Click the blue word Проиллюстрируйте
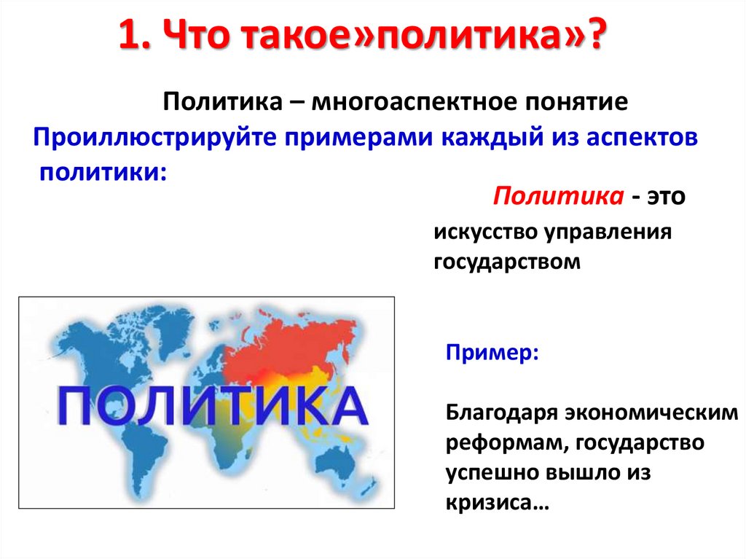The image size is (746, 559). click(151, 138)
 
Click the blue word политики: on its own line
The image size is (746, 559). click(103, 172)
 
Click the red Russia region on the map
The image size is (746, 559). click(291, 339)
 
